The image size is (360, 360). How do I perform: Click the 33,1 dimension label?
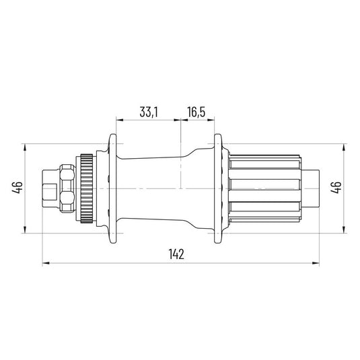pos(149,112)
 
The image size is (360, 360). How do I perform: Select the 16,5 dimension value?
pos(196,112)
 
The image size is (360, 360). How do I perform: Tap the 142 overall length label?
pos(176,254)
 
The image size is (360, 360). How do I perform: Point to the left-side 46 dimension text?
pos(17,187)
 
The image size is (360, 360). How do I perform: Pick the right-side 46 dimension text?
pos(336,187)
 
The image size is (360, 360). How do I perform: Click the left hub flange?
pos(112,188)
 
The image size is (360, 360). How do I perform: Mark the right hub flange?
pos(218,188)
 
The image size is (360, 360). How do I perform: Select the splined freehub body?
pos(264,188)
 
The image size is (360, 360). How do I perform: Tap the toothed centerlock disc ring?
pos(87,188)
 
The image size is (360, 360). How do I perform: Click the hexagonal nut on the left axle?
pos(67,188)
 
